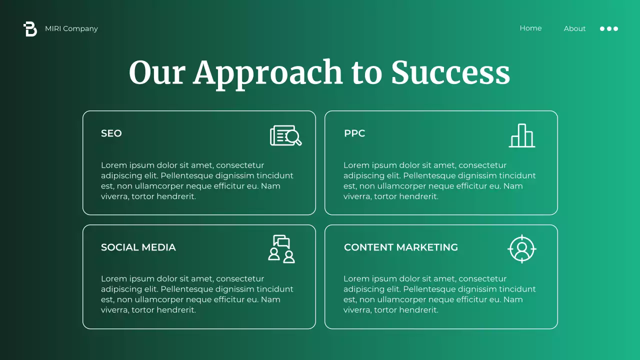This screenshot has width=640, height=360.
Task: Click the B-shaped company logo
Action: tap(30, 29)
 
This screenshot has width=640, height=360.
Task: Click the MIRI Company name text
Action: tap(71, 28)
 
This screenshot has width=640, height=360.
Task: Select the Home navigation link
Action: tap(530, 28)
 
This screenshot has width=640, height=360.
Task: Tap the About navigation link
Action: tap(574, 28)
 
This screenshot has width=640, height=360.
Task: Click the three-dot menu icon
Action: tap(609, 28)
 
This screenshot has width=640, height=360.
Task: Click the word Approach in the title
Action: tap(268, 73)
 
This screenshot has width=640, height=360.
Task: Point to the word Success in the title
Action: tap(450, 73)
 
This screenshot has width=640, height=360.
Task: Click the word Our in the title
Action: tap(157, 73)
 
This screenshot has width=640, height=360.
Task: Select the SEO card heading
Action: tap(111, 133)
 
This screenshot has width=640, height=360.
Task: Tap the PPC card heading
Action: tap(354, 133)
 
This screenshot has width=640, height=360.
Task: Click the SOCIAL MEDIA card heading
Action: tap(138, 247)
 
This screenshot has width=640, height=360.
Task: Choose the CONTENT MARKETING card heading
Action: tap(401, 247)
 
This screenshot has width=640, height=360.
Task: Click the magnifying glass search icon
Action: tap(286, 135)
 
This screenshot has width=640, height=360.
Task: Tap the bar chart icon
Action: tap(522, 135)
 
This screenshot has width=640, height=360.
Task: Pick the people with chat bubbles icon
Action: tap(281, 248)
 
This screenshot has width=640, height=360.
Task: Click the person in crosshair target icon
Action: tap(522, 248)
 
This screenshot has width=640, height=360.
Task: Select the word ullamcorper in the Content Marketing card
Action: tap(392, 299)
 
